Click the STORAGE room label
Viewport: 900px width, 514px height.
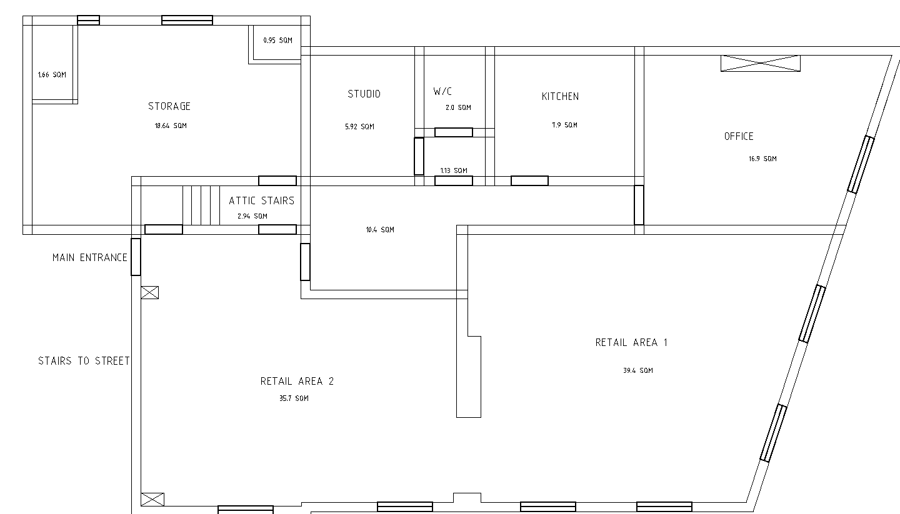[x=169, y=106]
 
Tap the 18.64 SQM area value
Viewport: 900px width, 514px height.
[x=171, y=126]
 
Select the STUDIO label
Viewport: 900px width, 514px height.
[x=364, y=94]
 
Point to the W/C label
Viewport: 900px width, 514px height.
[x=442, y=92]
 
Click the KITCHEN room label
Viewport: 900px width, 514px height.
[x=560, y=96]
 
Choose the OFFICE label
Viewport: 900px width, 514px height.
[x=739, y=137]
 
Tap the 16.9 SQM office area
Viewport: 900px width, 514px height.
[x=762, y=159]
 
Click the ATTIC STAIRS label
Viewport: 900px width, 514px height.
[x=261, y=200]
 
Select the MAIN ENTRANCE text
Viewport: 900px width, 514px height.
[x=89, y=257]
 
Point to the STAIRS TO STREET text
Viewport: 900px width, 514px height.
[x=84, y=361]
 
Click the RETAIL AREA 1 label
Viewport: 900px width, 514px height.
[x=631, y=342]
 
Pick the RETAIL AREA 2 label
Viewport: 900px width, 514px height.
[x=297, y=381]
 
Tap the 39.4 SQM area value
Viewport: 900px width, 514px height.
[x=638, y=370]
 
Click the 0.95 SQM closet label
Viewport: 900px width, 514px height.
[x=277, y=40]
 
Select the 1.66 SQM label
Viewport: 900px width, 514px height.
[x=52, y=75]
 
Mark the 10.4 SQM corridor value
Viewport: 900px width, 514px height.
[x=380, y=230]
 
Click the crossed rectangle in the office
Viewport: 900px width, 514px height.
[x=761, y=64]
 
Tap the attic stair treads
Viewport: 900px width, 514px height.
[x=201, y=205]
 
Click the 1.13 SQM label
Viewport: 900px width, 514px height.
[x=454, y=171]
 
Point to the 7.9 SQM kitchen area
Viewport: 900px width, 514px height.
[x=564, y=126]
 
